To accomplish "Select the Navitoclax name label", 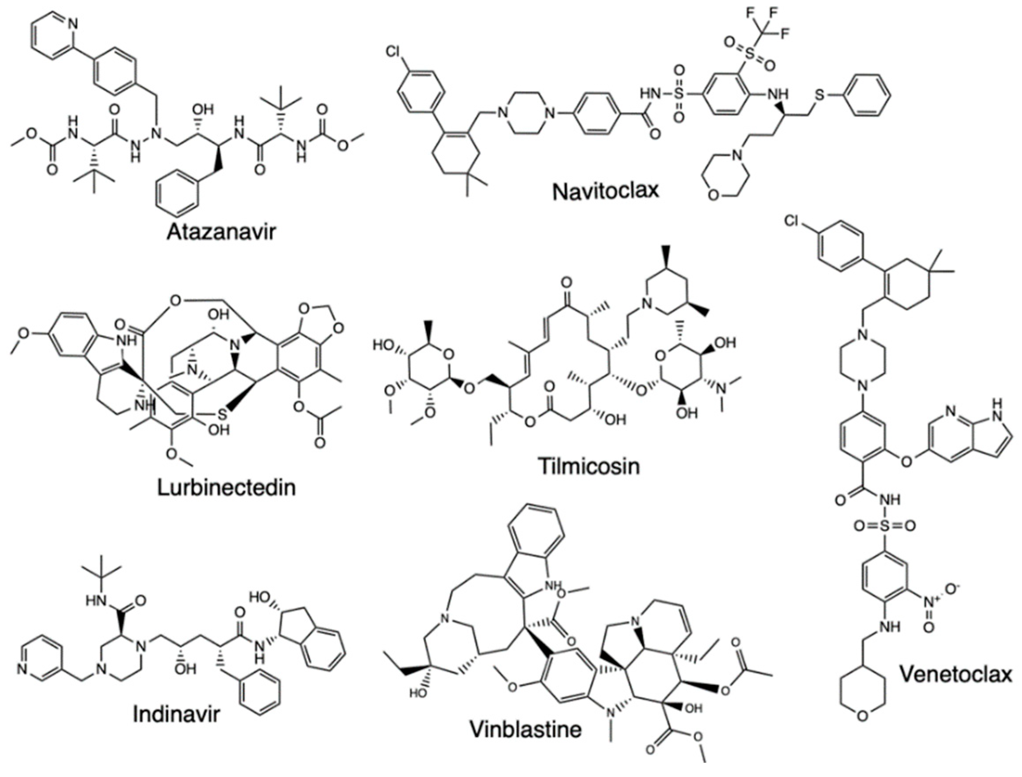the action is click(x=605, y=190).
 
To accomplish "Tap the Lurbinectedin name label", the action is click(x=226, y=487).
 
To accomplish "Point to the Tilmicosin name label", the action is click(x=589, y=466).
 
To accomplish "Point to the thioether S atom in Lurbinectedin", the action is click(x=222, y=414).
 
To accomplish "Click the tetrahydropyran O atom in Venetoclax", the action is click(x=862, y=730).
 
